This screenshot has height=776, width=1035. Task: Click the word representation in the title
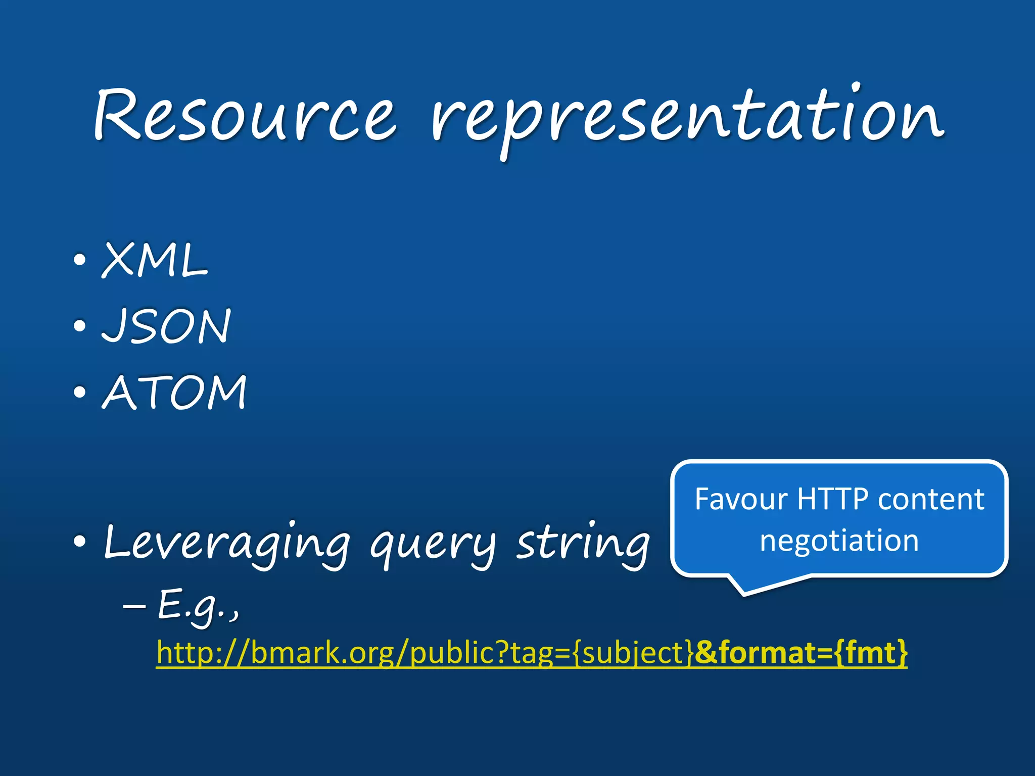click(x=687, y=119)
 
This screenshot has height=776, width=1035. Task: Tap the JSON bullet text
click(x=166, y=326)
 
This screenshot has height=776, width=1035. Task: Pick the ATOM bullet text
click(x=174, y=392)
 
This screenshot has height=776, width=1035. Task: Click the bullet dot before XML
click(x=79, y=261)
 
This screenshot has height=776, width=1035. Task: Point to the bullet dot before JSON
click(x=79, y=326)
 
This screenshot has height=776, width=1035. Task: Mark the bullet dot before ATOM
click(x=79, y=392)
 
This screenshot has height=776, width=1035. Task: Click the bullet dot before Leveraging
click(x=79, y=542)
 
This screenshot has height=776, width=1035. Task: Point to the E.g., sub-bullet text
click(x=198, y=606)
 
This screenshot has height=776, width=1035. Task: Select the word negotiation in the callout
click(x=839, y=541)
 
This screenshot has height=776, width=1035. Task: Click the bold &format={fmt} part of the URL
click(x=801, y=652)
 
